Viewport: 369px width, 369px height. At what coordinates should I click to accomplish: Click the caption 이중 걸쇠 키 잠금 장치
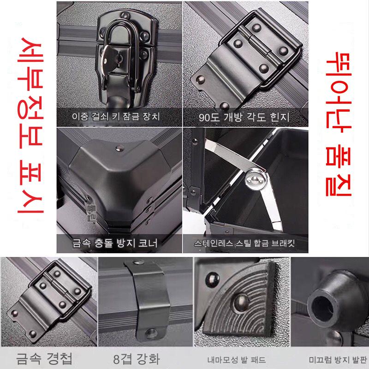click(x=116, y=117)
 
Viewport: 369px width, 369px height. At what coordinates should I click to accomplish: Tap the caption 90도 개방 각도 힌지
click(x=244, y=117)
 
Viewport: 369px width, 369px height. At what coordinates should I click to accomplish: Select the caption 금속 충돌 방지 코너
click(x=115, y=243)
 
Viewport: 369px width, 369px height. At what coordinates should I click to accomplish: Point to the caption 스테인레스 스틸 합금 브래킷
click(x=244, y=244)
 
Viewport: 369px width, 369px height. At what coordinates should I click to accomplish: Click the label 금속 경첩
click(x=44, y=359)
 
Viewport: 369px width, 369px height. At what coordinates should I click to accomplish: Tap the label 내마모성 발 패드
click(x=237, y=360)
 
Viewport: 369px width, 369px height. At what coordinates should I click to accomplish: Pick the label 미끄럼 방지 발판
click(x=338, y=360)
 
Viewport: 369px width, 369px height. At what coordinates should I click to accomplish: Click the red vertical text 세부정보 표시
click(x=30, y=125)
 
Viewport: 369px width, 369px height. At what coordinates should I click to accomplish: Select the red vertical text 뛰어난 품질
click(x=339, y=124)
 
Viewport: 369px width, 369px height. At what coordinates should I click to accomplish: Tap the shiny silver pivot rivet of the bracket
click(x=256, y=180)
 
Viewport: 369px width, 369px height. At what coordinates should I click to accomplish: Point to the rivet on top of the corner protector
click(x=120, y=148)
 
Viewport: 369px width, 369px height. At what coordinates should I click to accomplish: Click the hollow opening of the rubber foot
click(x=322, y=308)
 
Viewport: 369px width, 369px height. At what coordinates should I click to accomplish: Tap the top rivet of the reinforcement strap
click(x=138, y=262)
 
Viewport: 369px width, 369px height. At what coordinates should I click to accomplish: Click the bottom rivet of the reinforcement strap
click(x=151, y=333)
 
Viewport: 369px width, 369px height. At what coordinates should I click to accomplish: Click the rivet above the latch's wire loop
click(x=125, y=16)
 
